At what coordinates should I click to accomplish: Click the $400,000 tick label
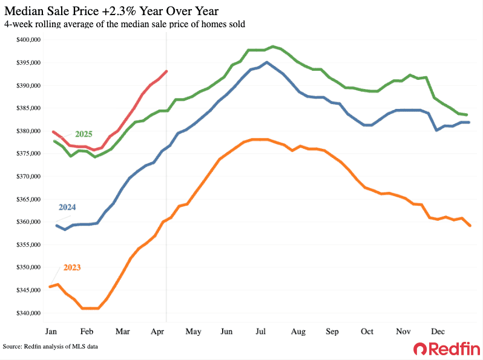28,40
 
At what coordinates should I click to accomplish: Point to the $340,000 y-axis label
28,313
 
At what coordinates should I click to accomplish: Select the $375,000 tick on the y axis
28,154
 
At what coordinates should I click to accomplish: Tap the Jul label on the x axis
262,332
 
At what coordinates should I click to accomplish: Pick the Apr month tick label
157,332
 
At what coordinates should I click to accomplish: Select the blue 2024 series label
67,207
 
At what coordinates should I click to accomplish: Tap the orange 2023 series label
71,267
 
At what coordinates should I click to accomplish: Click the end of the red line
166,71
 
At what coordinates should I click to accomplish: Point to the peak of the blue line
267,62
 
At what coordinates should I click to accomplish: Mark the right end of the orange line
470,226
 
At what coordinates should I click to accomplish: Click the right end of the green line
465,114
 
